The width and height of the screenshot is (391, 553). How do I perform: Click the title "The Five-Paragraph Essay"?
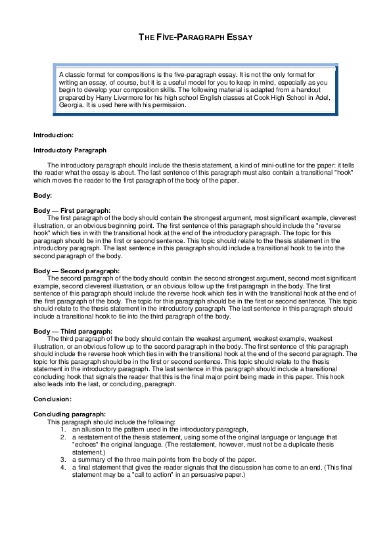tap(196, 37)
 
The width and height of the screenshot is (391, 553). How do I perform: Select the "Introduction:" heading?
tap(53, 135)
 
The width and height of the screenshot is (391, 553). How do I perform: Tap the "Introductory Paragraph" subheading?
tap(70, 150)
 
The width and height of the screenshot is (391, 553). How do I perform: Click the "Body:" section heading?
tap(43, 196)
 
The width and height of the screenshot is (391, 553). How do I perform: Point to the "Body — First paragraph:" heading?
tap(72, 210)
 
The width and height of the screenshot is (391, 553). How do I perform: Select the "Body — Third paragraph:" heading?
tap(72, 331)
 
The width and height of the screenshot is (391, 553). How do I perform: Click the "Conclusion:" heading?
tap(52, 399)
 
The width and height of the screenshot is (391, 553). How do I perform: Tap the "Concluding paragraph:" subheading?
tap(69, 414)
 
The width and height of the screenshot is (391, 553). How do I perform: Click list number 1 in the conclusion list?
tap(63, 428)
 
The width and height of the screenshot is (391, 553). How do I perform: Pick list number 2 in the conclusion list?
tap(63, 436)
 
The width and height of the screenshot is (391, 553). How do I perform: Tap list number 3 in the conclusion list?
tap(63, 459)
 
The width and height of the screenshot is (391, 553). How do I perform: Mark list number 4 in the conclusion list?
tap(63, 466)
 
